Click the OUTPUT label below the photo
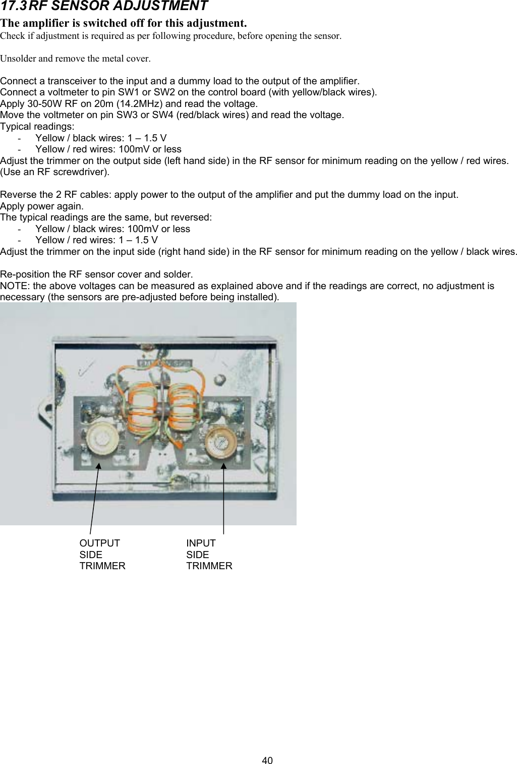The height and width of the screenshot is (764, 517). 100,543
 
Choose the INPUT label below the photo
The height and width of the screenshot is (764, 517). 201,543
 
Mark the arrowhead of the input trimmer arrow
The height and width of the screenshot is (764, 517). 223,465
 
